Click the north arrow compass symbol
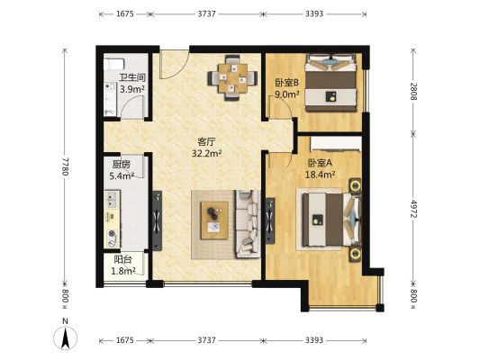(65, 336)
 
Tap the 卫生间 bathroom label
(132, 77)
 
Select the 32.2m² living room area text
(206, 153)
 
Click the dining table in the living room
(232, 78)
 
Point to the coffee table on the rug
(214, 220)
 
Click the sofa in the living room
(248, 224)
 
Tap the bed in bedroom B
(331, 83)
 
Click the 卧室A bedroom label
(320, 163)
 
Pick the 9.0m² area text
(287, 94)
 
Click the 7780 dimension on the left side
(65, 166)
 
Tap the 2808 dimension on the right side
(413, 91)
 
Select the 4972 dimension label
(413, 209)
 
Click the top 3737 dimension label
(206, 13)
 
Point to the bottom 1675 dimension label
(125, 340)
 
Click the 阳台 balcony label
(122, 260)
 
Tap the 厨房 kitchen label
(122, 165)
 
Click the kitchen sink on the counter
(112, 200)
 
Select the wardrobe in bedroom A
(336, 143)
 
